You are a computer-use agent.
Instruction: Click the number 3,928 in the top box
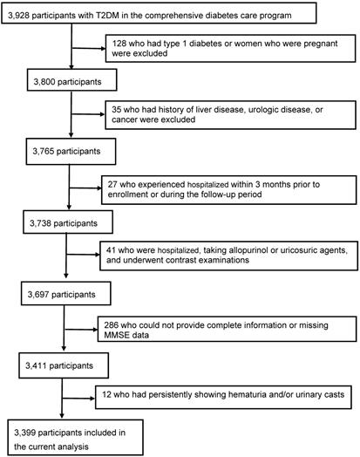point(18,16)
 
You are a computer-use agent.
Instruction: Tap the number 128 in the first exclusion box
point(119,44)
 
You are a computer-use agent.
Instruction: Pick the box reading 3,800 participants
point(72,80)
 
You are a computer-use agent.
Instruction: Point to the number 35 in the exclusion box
point(116,110)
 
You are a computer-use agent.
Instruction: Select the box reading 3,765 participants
point(71,152)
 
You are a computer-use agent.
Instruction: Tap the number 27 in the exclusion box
point(112,185)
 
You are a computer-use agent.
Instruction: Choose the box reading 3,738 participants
point(68,222)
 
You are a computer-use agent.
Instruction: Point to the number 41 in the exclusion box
point(111,250)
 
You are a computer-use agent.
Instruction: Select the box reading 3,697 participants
point(66,293)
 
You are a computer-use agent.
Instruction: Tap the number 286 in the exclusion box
point(111,325)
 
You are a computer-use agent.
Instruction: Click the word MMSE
point(114,335)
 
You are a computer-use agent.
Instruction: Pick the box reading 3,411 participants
point(64,365)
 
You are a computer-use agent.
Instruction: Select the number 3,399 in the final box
point(24,433)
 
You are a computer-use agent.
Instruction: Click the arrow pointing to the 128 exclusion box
point(89,48)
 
